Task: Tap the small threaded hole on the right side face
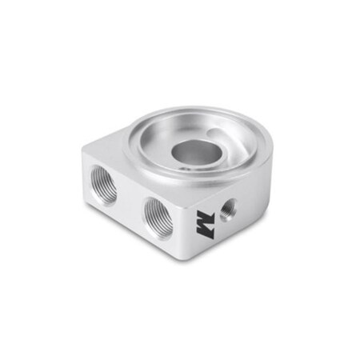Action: tap(228, 208)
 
